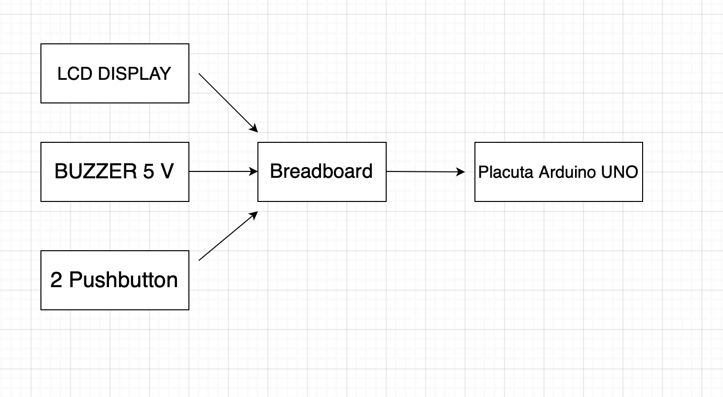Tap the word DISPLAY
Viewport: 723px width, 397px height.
134,74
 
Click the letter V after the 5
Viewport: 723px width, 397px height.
167,172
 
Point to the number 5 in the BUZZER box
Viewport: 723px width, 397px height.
148,172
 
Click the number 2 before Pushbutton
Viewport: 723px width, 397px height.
56,280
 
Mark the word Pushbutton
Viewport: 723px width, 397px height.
123,280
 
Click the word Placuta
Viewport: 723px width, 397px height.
506,172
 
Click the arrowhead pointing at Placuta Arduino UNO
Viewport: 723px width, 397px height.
461,172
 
